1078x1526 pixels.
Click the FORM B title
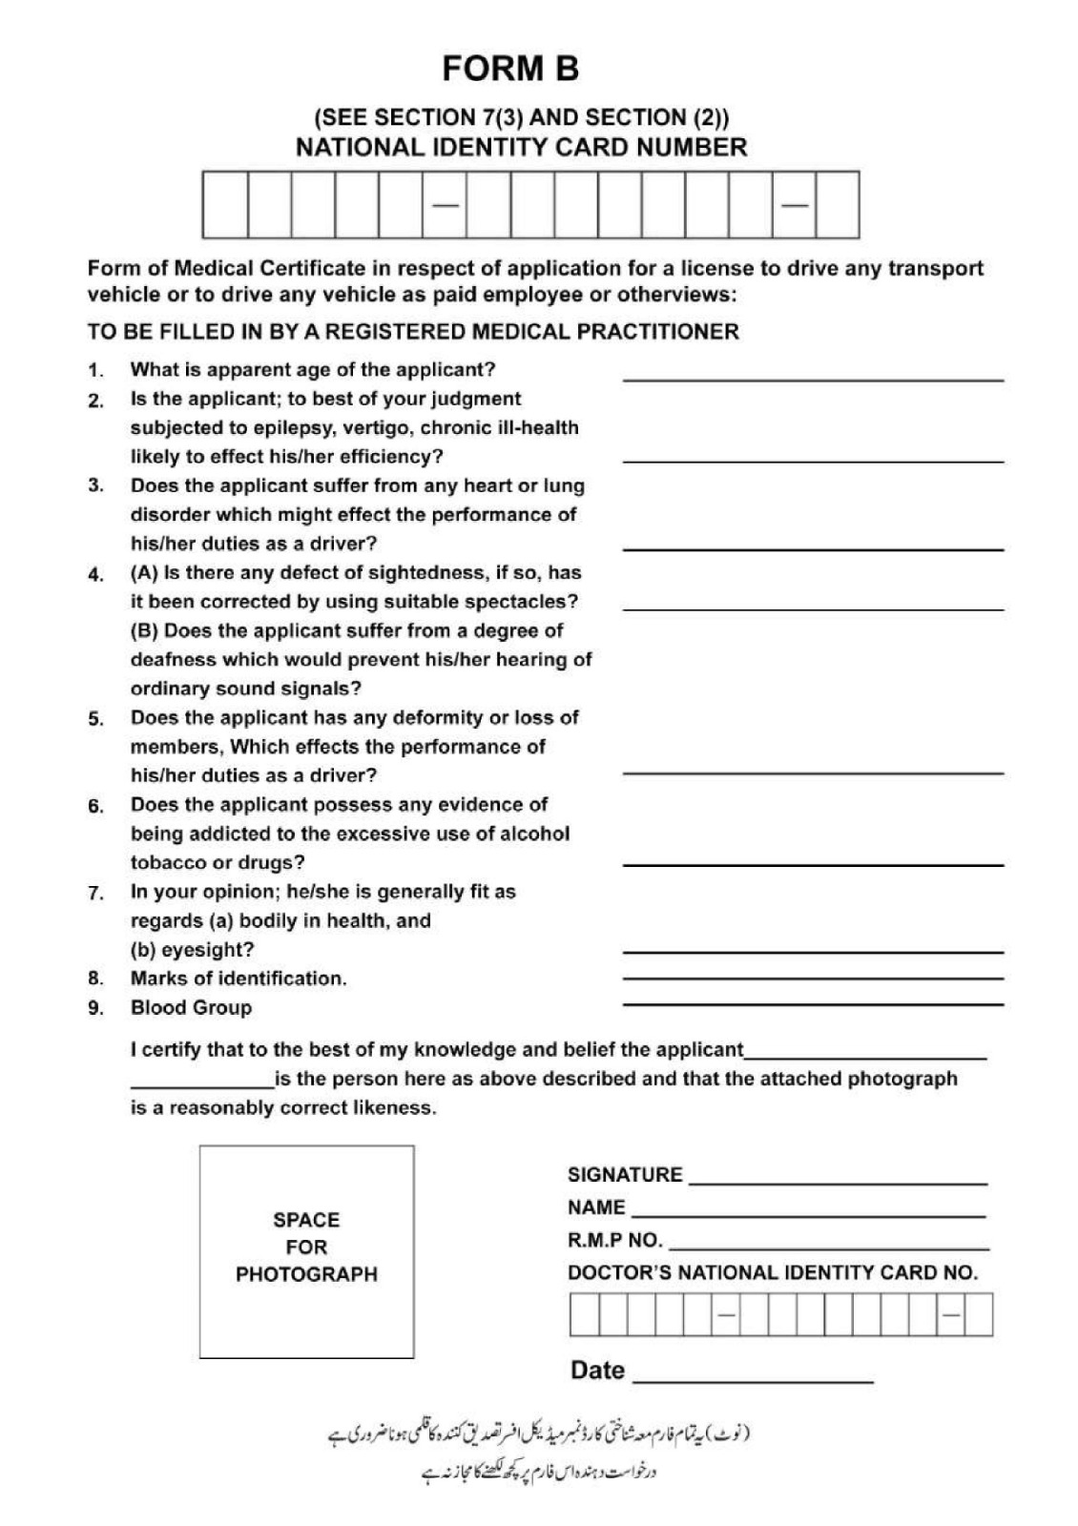[x=510, y=69]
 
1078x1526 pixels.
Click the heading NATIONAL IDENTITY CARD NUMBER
[x=521, y=147]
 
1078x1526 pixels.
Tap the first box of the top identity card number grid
[x=225, y=204]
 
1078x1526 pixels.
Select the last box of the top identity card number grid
[x=837, y=204]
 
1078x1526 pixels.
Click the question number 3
[x=95, y=485]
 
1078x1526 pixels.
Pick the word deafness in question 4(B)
[x=173, y=659]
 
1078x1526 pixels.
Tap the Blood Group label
[x=191, y=1008]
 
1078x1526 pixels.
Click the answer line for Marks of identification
[x=813, y=977]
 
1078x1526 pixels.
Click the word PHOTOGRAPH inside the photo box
[x=306, y=1274]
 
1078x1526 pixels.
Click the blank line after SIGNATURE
[x=838, y=1183]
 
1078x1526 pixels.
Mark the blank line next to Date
[x=753, y=1380]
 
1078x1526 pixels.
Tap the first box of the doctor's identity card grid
[x=584, y=1314]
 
